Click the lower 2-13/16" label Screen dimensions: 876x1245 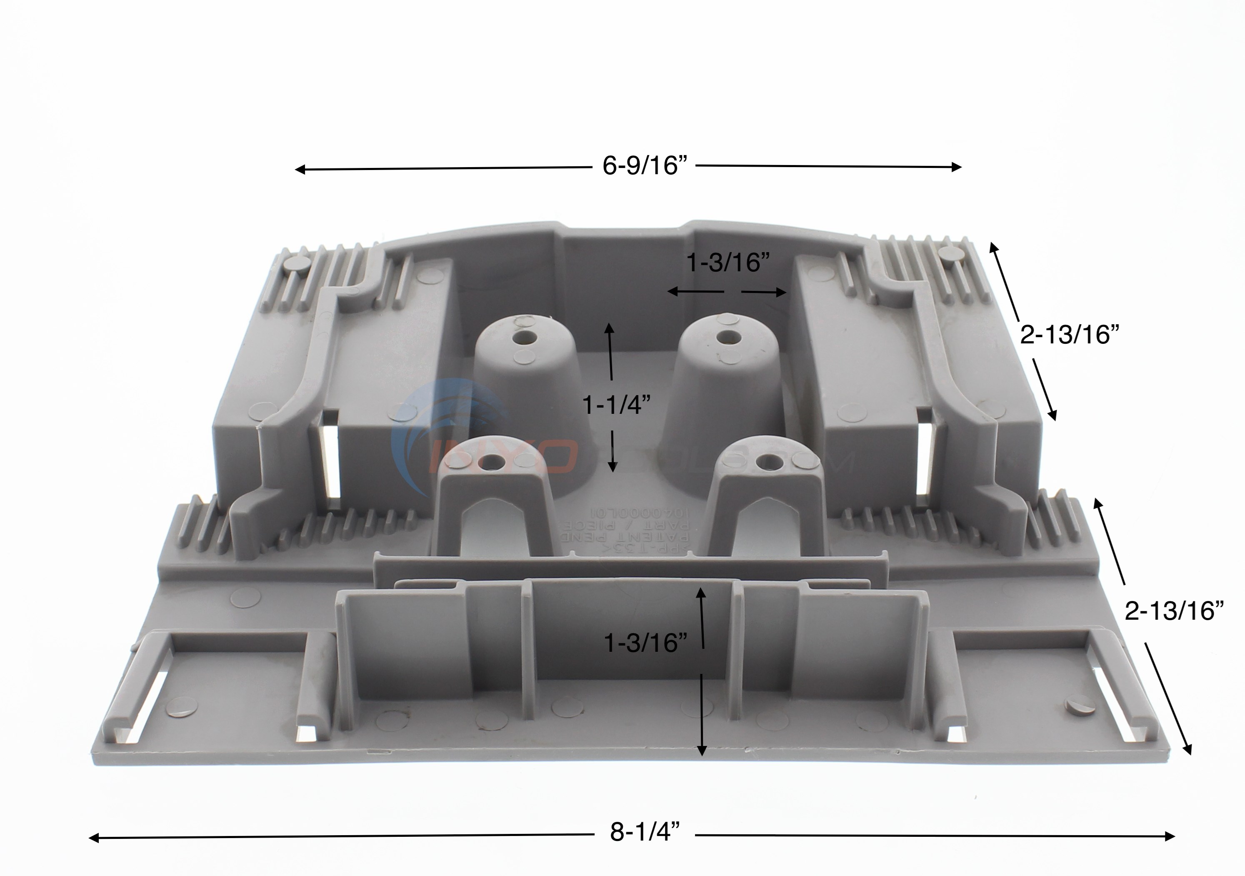coord(1174,611)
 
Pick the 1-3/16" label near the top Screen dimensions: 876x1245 coord(727,263)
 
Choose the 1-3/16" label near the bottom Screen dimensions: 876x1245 coord(646,643)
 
